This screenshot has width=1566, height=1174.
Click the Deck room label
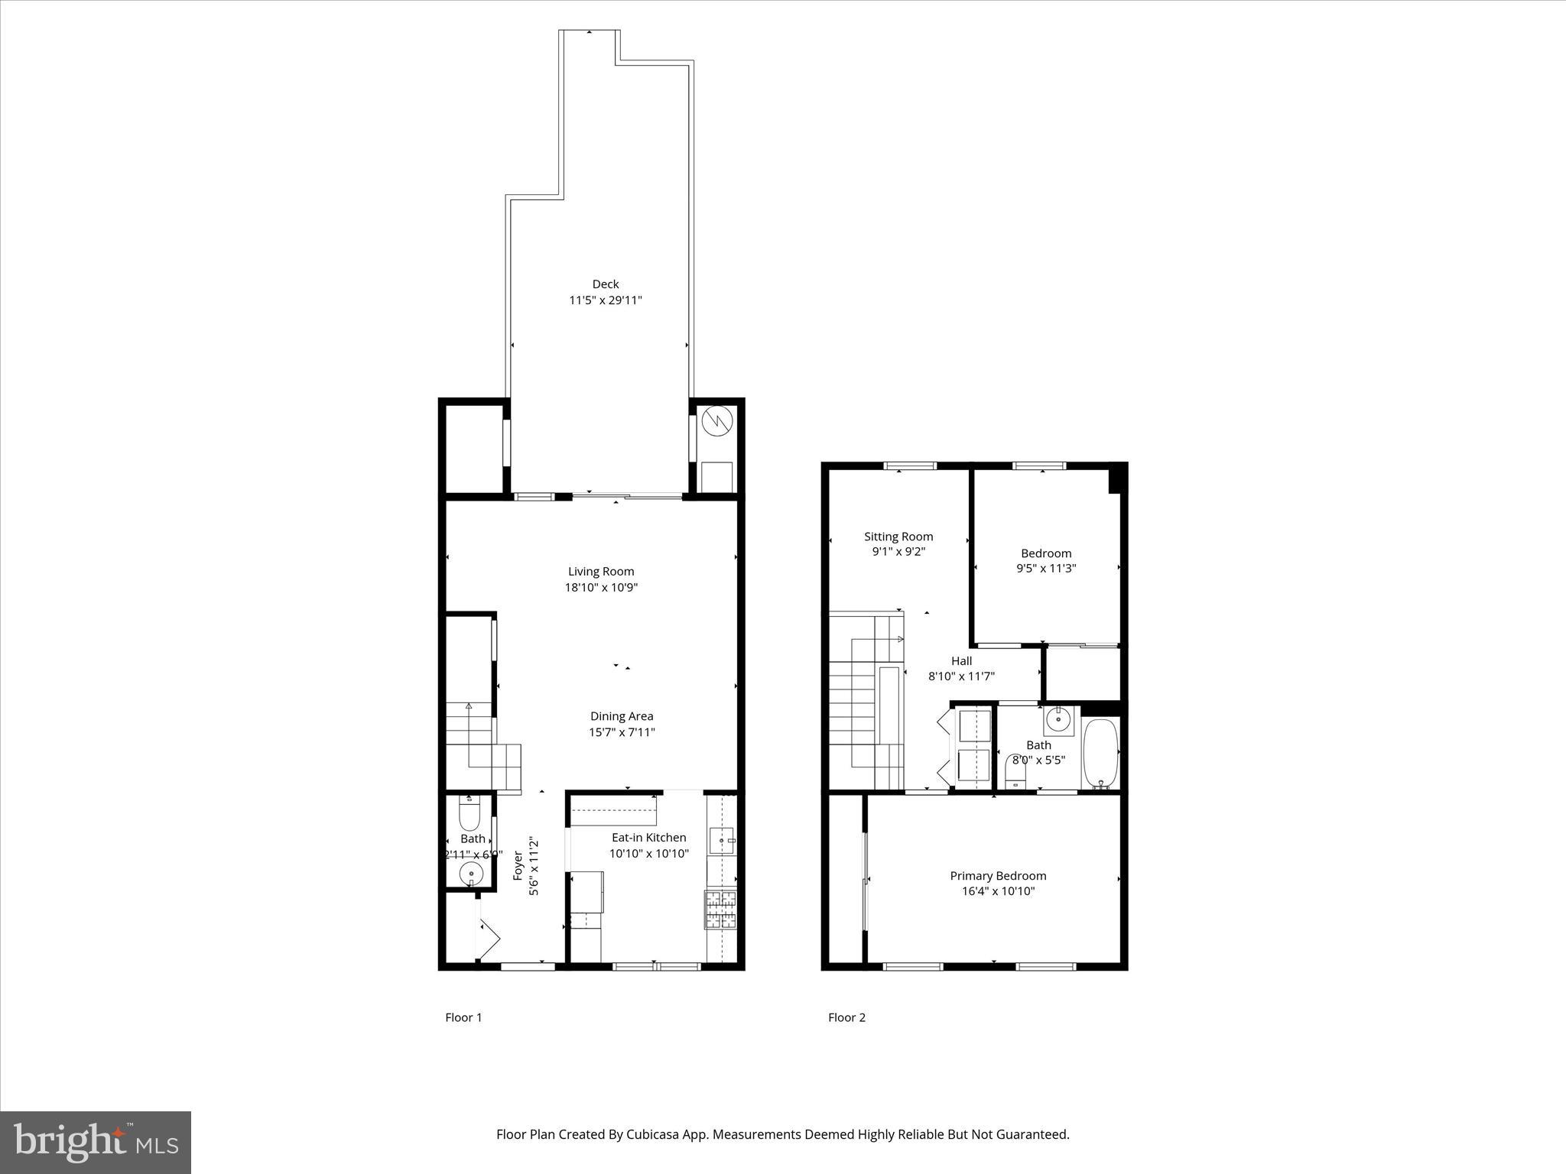coord(605,284)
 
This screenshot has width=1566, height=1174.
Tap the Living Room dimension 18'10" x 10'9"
coord(601,588)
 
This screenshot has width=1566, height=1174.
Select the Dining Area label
coord(621,716)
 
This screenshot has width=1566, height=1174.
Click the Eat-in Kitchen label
coord(648,838)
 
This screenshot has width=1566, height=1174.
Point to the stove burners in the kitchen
coord(720,910)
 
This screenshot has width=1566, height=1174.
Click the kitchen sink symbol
coord(721,840)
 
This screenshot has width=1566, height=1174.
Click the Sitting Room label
coord(898,537)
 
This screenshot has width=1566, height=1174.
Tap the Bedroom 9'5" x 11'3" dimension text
coord(1046,569)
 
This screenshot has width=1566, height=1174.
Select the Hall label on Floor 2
coord(961,661)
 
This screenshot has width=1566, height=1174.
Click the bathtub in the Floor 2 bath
coord(1100,752)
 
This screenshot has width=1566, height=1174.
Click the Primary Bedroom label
coord(998,876)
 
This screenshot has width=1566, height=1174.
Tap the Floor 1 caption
coord(463,1017)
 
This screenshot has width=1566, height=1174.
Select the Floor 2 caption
coord(846,1017)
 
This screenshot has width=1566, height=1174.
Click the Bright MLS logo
coord(96,1143)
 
